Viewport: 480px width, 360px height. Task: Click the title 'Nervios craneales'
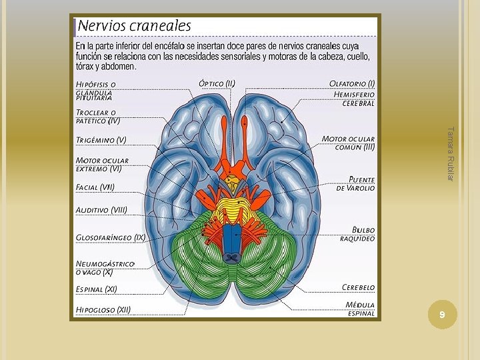135,26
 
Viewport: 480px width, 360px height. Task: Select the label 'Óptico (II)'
217,83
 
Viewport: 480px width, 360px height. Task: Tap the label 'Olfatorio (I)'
352,83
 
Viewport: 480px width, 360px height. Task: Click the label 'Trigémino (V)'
101,140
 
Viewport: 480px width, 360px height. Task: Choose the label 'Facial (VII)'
95,187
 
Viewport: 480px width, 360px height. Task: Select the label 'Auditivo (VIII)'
101,210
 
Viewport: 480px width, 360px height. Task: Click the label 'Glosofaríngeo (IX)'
111,237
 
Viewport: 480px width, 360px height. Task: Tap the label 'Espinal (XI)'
97,289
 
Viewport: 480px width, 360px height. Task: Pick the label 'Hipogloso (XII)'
103,309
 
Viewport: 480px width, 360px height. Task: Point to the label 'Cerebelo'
358,287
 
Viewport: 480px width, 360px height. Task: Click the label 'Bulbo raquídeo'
357,233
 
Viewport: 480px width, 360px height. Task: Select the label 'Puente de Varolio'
356,183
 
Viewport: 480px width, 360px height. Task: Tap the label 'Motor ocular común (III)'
349,143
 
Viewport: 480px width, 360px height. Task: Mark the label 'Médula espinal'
360,309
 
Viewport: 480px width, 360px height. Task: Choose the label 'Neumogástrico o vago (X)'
105,268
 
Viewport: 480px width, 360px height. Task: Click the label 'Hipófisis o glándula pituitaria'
96,91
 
